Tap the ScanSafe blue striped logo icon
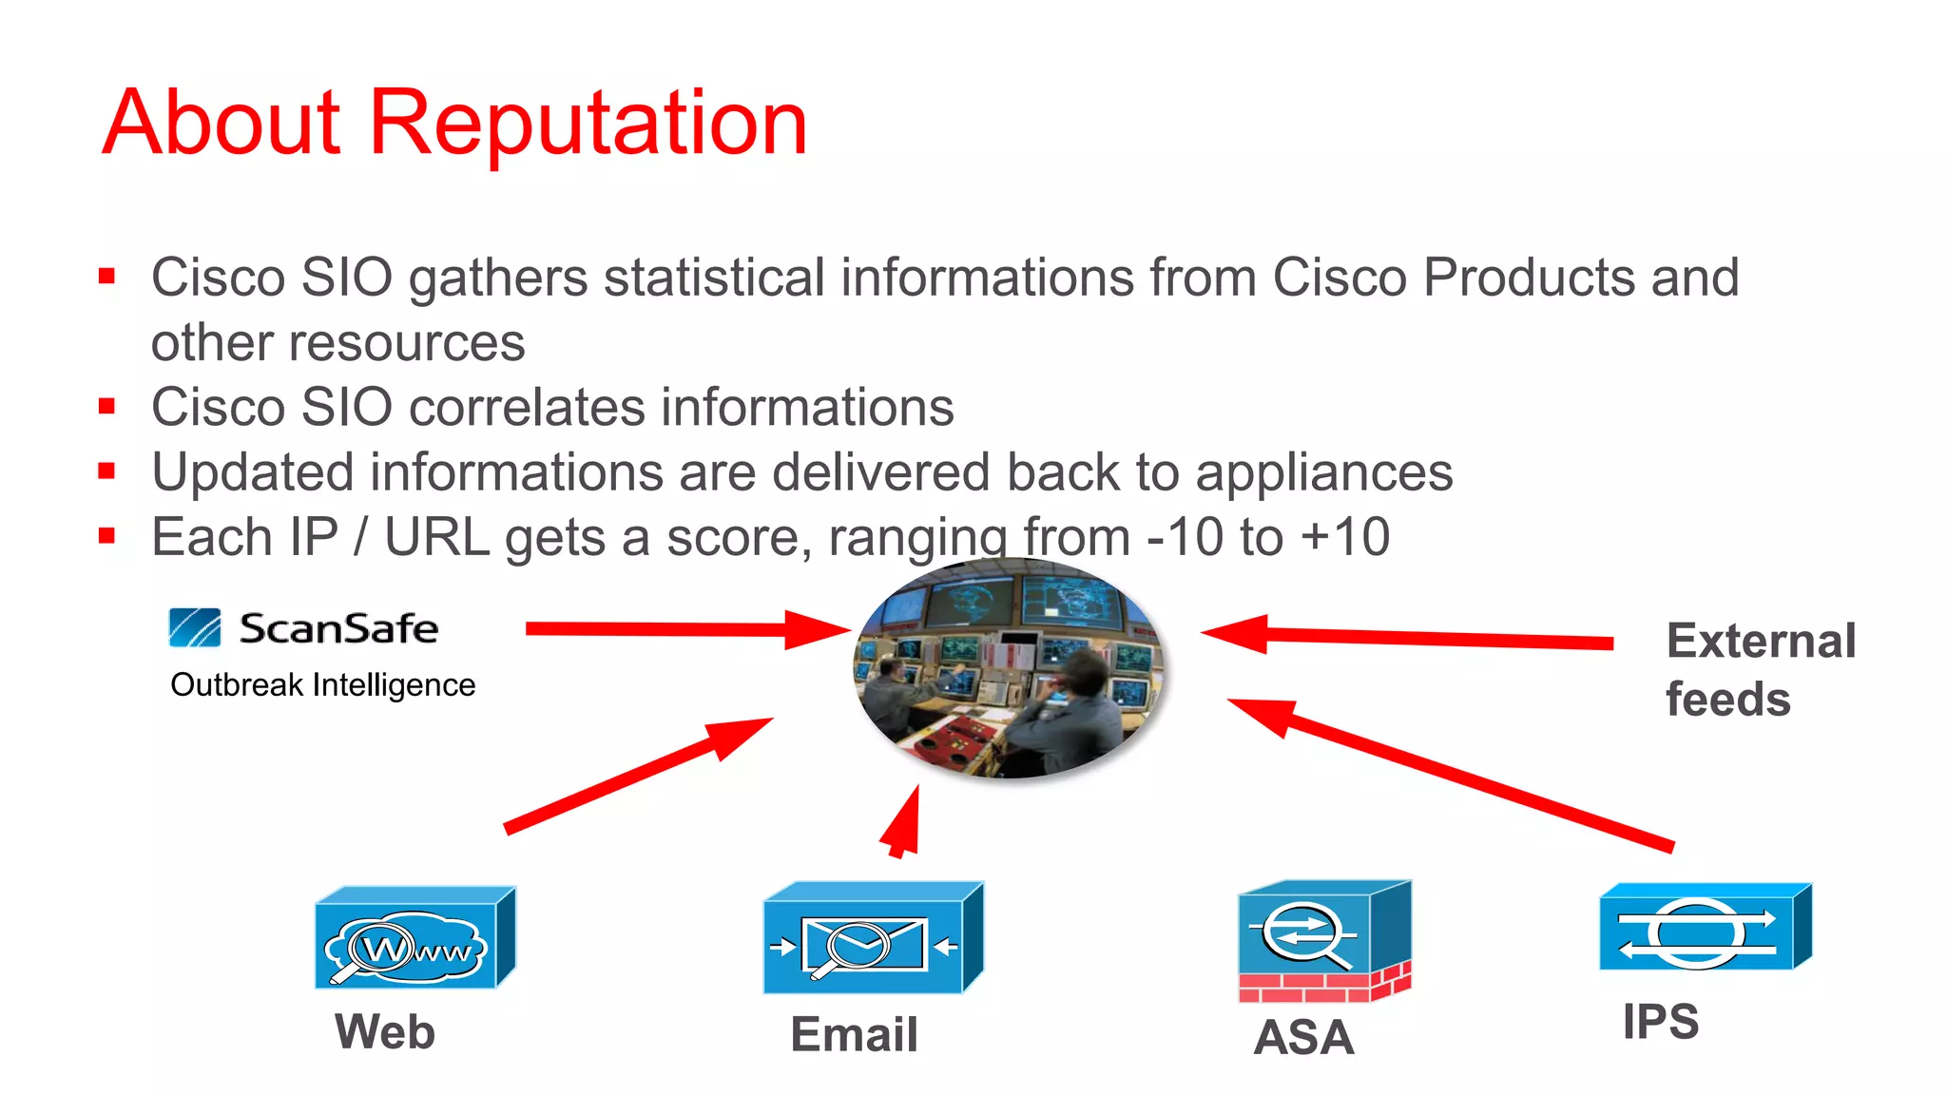(195, 628)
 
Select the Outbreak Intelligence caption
(322, 685)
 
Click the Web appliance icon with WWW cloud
(414, 939)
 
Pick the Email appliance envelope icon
(872, 939)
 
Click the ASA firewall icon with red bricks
(1323, 942)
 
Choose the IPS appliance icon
(1705, 928)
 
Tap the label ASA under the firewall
(1303, 1037)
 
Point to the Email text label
(854, 1034)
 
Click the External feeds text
(1759, 670)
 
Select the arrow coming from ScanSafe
(684, 629)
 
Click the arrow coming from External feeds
(1407, 638)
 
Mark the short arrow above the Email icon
(902, 823)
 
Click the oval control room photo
(1009, 668)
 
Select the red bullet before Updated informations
(106, 472)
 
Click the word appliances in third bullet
(1323, 473)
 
